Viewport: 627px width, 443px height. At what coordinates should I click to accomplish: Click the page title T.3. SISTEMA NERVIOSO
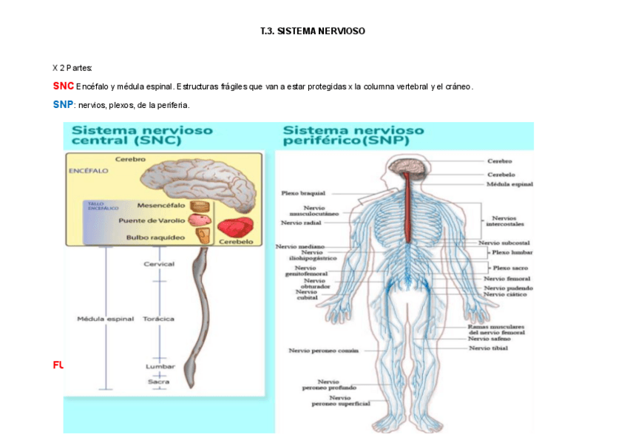point(313,32)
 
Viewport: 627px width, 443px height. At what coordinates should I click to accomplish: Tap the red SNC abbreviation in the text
point(63,87)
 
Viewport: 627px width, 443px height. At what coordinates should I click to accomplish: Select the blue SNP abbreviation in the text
point(63,105)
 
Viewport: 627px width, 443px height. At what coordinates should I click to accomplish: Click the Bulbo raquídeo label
point(157,237)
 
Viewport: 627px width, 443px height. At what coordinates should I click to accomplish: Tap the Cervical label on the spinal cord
point(159,264)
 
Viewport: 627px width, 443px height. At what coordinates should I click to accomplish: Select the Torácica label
point(159,319)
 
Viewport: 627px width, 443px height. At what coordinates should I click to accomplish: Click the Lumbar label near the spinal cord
point(160,366)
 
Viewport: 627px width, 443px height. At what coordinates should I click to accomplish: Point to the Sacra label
point(157,382)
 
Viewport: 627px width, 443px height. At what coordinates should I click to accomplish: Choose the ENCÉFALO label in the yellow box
point(88,170)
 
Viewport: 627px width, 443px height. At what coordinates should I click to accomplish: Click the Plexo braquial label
point(303,193)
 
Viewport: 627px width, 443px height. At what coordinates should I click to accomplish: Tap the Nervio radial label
point(301,222)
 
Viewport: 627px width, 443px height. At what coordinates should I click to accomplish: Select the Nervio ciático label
point(506,294)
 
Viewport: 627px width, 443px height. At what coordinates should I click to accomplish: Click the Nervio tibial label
point(488,348)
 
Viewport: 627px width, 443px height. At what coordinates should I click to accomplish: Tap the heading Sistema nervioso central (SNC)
point(142,135)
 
